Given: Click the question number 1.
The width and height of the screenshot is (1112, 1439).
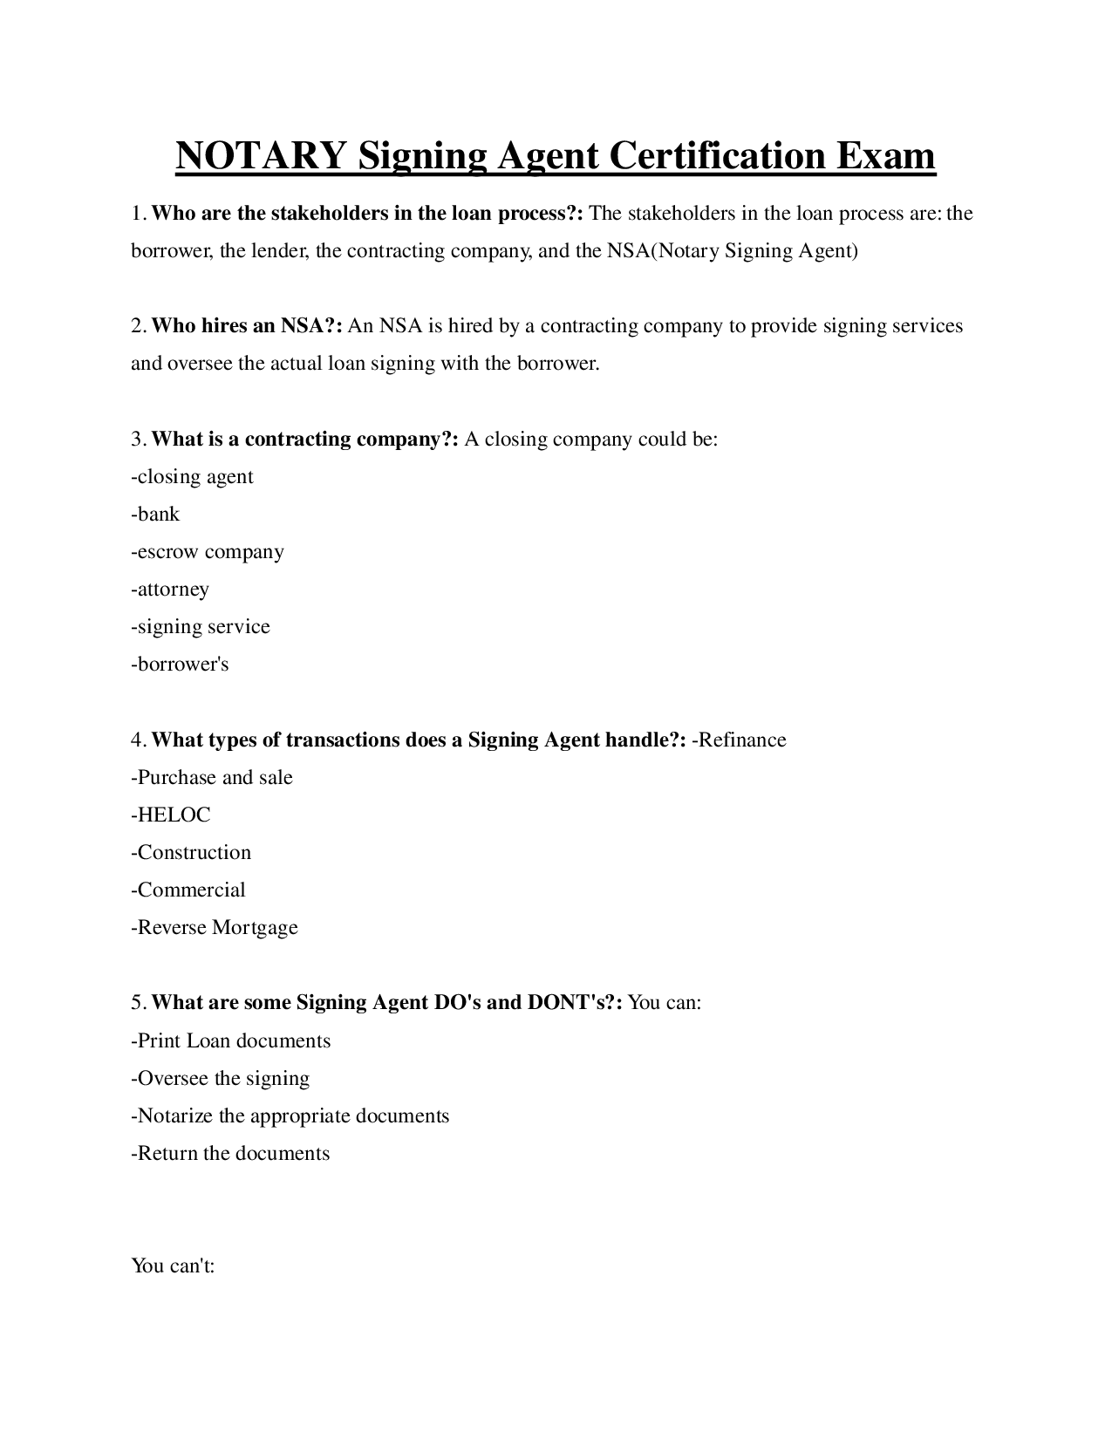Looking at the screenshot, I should [138, 214].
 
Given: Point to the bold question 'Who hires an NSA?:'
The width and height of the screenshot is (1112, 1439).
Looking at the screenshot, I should [248, 326].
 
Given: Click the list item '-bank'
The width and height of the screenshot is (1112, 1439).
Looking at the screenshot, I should [155, 515].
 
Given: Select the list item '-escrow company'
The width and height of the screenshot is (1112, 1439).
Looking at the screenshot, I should [208, 552].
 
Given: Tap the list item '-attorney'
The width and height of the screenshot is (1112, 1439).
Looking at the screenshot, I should [170, 590].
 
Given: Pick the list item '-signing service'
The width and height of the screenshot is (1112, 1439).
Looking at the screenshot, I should [201, 627].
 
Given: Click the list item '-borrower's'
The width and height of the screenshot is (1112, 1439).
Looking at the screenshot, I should [180, 665].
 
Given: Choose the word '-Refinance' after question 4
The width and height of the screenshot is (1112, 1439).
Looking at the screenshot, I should [739, 740].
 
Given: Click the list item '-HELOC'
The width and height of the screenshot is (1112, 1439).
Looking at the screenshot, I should [171, 815].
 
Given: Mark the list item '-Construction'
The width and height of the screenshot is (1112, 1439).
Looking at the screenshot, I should [191, 853].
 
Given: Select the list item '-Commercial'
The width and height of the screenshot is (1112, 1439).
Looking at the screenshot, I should [188, 890].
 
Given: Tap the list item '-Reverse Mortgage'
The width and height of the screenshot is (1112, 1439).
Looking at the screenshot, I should [215, 928].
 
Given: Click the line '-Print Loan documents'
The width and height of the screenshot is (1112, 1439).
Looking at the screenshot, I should [231, 1041].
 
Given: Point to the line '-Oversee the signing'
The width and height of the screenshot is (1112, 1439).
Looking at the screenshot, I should [221, 1079].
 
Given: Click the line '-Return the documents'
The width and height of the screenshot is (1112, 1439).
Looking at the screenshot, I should [230, 1154].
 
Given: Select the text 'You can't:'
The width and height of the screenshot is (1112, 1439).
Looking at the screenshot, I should [173, 1265].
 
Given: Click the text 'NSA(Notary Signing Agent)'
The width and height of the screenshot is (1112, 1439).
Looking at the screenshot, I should [732, 251].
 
